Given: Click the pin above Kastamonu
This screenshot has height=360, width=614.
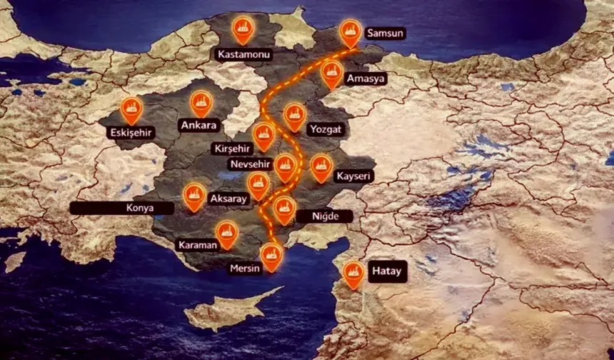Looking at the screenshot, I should coord(243,29).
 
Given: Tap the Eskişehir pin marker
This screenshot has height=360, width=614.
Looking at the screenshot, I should coord(131,109).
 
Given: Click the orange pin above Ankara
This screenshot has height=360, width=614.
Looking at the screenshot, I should coord(201,102).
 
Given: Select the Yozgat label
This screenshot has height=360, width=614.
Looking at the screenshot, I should coord(326,129).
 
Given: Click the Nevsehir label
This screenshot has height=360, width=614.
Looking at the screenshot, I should coord(250,164).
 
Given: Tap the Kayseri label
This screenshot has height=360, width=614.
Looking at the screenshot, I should coord(353,176).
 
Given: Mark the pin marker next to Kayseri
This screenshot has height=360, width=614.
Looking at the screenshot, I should coord(321,167).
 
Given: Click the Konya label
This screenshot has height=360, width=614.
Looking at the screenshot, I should coord(121,208).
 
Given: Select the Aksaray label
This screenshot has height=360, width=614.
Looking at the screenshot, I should coord(227,199).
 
